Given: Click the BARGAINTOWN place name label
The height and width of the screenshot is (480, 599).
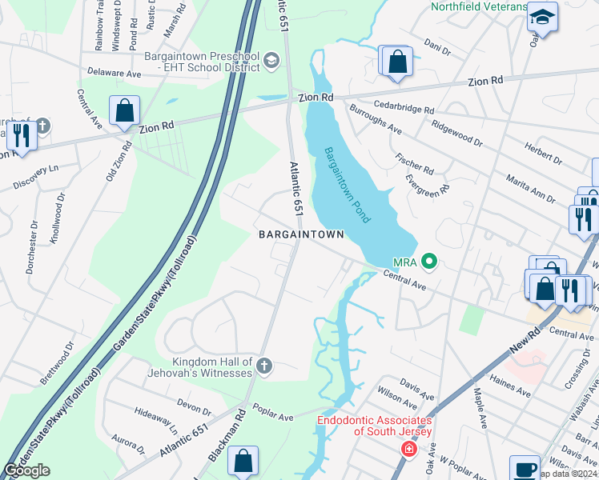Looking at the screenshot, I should (x=300, y=234).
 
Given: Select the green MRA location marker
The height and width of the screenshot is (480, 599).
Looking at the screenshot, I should (x=429, y=261).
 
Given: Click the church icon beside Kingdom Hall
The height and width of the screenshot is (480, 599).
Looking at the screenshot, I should (x=265, y=366).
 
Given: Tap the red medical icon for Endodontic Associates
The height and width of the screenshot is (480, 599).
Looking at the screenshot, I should (x=409, y=450).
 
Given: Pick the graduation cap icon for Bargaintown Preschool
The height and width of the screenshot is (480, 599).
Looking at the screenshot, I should (x=271, y=61).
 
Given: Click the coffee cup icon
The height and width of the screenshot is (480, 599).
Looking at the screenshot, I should (x=525, y=469).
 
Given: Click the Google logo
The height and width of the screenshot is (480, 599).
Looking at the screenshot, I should (x=26, y=470).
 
